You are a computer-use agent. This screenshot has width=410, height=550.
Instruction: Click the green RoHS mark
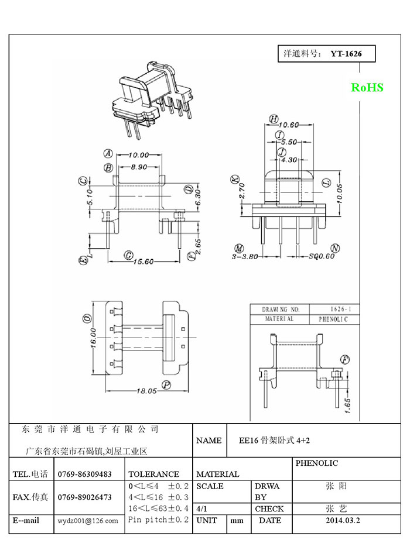(367, 87)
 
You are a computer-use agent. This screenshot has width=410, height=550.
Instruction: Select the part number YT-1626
(346, 54)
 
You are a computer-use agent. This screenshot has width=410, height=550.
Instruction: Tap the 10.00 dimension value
(139, 155)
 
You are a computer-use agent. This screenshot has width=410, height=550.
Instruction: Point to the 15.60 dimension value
(143, 262)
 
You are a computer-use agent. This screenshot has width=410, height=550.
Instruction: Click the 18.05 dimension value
(147, 391)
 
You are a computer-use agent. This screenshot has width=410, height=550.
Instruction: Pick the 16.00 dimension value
(93, 338)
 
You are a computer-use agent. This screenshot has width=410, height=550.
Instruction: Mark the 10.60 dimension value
(289, 125)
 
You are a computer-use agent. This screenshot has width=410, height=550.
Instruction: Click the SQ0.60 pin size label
(322, 256)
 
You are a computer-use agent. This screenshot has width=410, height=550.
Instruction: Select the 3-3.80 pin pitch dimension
(245, 256)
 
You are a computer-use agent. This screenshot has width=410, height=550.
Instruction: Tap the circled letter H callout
(274, 119)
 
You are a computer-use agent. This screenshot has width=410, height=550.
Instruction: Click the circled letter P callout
(166, 385)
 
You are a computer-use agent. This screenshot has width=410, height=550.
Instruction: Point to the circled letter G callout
(129, 256)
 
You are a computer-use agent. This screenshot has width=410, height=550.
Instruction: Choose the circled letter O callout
(87, 318)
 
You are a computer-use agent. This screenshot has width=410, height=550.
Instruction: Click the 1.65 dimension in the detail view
(347, 405)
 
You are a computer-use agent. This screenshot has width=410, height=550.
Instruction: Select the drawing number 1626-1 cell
(340, 309)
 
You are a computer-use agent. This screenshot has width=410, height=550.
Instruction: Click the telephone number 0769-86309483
(84, 475)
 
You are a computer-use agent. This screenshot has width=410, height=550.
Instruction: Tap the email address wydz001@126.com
(88, 521)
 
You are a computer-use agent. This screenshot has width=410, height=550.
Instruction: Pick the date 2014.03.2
(343, 520)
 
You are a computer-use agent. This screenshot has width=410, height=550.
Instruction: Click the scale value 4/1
(202, 508)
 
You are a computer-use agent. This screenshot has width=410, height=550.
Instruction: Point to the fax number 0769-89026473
(84, 497)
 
